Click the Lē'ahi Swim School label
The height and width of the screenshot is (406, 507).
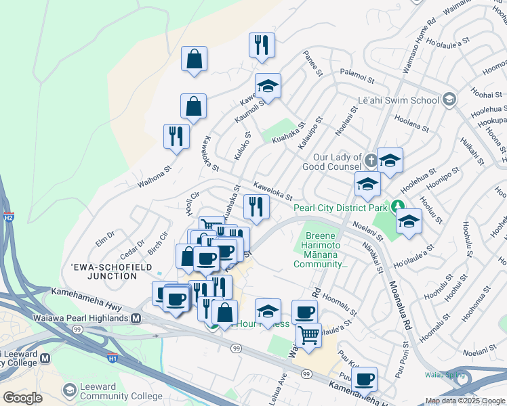pos(399,100)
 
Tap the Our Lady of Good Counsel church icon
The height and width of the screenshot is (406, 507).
pos(371,161)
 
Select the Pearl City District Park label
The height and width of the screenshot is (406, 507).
pos(342,208)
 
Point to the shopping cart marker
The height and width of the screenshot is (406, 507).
pos(309,334)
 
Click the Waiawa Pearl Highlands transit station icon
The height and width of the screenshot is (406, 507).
pos(136,318)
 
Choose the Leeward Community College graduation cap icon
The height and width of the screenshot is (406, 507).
pos(69,390)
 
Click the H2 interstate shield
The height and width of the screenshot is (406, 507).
pos(8,218)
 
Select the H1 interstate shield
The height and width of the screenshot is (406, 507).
pos(113,357)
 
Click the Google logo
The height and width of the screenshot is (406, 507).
pos(22,398)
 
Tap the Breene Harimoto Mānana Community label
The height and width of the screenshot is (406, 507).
pos(321,250)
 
